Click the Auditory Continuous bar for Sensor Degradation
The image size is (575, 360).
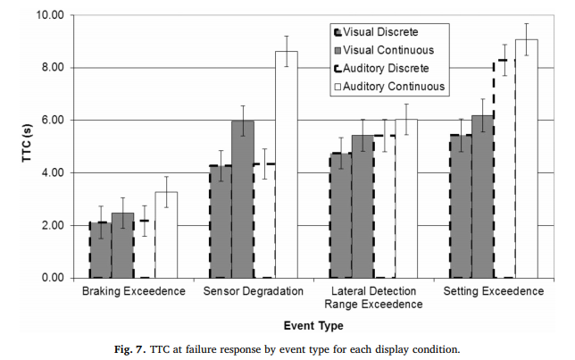pyautogui.click(x=286, y=164)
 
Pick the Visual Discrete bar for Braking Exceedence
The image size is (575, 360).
pyautogui.click(x=100, y=250)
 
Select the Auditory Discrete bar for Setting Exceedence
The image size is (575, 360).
pyautogui.click(x=504, y=169)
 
